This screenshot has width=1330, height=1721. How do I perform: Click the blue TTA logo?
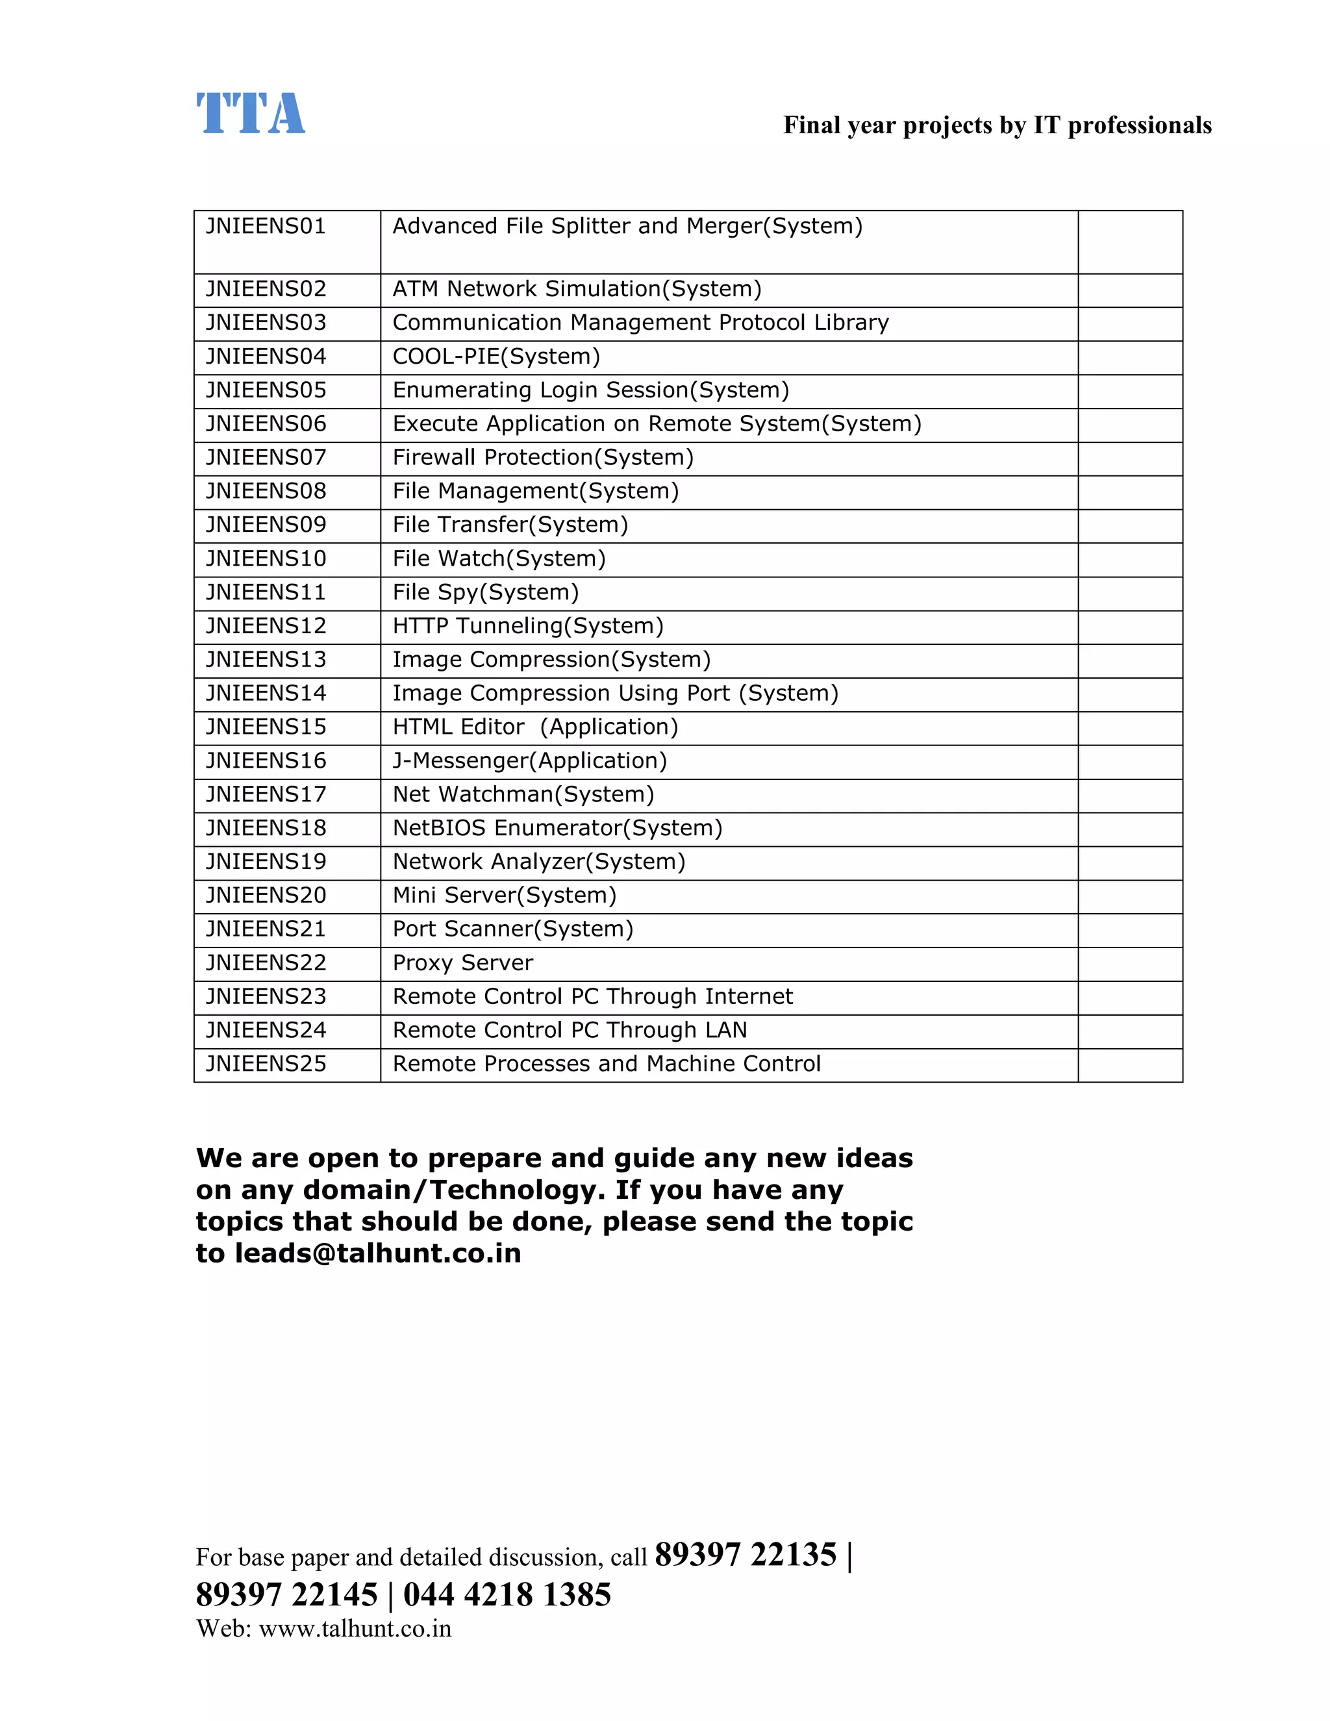(250, 114)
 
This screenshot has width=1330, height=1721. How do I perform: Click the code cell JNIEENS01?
(266, 227)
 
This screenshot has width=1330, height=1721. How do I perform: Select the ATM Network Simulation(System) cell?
(577, 289)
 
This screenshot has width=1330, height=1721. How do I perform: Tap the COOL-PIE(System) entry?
(496, 357)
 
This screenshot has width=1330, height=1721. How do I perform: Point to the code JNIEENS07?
(266, 458)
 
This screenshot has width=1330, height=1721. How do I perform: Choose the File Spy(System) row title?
(485, 592)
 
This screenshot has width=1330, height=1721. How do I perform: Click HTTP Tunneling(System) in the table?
(528, 627)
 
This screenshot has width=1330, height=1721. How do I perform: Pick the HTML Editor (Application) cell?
(535, 727)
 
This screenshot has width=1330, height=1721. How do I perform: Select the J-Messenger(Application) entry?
(529, 761)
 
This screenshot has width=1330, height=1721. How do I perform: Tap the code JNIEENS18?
(266, 828)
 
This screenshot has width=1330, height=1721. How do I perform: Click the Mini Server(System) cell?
(504, 896)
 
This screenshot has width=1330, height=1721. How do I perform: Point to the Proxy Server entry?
(462, 963)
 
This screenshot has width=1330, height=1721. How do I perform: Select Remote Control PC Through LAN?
(570, 1031)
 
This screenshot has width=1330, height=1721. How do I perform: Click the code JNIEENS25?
(266, 1064)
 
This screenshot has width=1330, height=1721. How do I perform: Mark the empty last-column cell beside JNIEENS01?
(1130, 242)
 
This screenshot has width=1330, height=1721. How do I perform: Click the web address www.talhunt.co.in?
(355, 1629)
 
